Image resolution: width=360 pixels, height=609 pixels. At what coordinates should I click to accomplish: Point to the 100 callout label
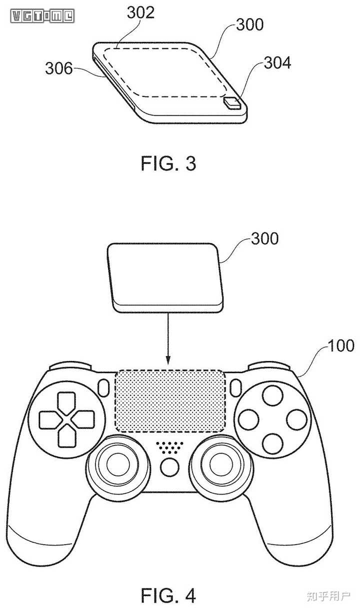click(341, 345)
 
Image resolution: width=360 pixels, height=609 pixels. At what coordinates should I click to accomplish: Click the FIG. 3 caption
click(168, 164)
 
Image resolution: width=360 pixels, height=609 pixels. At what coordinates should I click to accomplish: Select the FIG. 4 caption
click(168, 594)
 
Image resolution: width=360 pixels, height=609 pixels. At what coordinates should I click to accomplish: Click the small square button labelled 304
click(232, 103)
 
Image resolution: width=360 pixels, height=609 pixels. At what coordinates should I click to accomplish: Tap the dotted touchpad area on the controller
click(169, 401)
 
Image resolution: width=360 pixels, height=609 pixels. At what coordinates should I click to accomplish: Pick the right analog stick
click(219, 464)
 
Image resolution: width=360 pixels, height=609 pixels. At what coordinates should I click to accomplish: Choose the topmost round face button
click(273, 395)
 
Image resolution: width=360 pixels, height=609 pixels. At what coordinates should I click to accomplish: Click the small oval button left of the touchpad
click(104, 387)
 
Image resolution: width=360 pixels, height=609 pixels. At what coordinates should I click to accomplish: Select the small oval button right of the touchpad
click(235, 387)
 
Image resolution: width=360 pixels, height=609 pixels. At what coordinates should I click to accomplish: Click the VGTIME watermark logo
click(42, 16)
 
